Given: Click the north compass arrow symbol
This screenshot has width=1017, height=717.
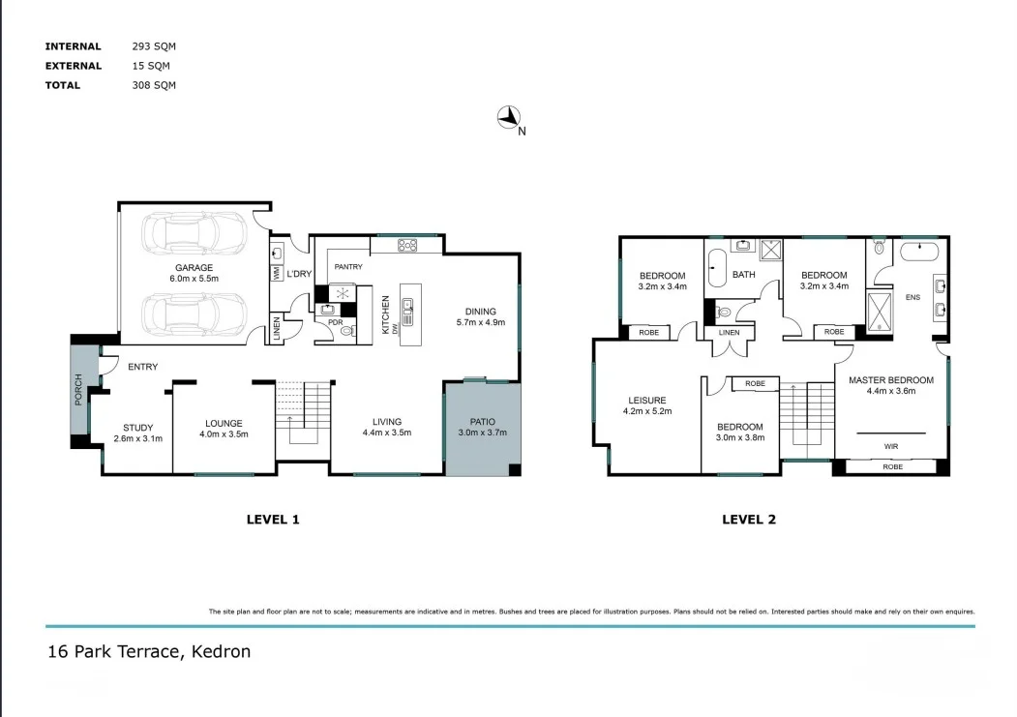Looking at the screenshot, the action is [x=509, y=117].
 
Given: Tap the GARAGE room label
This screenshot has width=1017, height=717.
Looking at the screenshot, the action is [x=194, y=268].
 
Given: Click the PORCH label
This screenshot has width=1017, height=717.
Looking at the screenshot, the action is [x=78, y=390].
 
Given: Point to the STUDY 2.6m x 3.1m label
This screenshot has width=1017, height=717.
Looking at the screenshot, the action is [x=138, y=433].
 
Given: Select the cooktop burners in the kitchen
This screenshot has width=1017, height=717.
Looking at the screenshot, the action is [x=407, y=245].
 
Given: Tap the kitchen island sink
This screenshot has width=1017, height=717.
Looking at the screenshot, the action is [x=407, y=304].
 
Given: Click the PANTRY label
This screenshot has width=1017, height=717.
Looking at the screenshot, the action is [x=348, y=266].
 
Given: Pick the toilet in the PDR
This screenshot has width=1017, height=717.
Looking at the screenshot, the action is [x=347, y=331].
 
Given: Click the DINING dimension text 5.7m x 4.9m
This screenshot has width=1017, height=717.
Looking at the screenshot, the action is [x=481, y=322].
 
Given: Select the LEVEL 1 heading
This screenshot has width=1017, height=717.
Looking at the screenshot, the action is [x=273, y=520].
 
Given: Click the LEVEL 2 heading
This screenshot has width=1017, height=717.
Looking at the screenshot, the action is [x=749, y=520].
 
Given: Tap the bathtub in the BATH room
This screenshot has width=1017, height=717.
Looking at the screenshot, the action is [x=717, y=268].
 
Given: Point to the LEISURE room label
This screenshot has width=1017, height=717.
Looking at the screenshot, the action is [x=646, y=401].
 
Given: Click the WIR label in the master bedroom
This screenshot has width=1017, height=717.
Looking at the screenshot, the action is [x=891, y=446].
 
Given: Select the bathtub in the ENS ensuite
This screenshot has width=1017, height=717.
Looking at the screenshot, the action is [x=919, y=253].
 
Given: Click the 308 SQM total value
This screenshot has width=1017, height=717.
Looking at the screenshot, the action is [x=154, y=85].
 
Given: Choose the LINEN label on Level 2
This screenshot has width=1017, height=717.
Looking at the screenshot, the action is [x=729, y=333].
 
